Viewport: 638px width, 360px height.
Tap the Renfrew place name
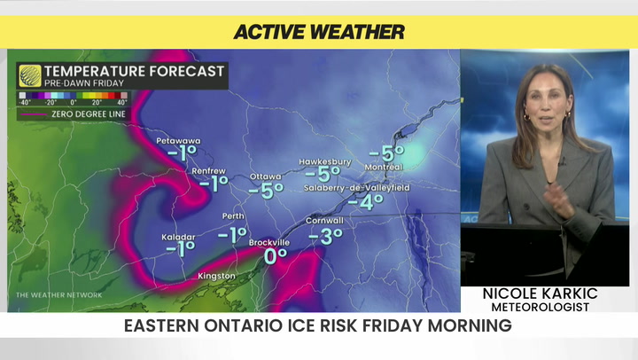coord(208,170)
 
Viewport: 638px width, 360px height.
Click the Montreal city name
coord(383,167)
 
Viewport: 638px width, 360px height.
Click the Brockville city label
coord(269,242)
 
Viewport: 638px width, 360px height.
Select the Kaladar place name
coord(179,237)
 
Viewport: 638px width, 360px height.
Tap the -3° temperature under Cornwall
coord(325,237)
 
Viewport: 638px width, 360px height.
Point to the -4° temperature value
coord(365,202)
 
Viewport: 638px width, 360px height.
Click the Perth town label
coord(233,216)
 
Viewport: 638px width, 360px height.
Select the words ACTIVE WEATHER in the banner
coord(319,32)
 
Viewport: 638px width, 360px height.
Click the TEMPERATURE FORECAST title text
coord(134,71)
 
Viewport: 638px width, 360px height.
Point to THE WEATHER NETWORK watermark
coord(58,294)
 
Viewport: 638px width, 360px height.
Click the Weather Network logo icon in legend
coord(29,75)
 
